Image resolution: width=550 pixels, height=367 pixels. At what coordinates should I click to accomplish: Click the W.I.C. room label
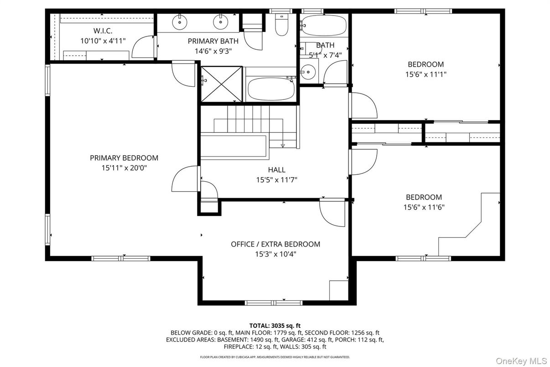(x=103, y=31)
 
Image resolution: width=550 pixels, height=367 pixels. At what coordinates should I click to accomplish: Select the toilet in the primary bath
(x=281, y=25)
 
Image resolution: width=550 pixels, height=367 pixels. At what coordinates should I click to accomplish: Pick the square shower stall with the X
(x=222, y=84)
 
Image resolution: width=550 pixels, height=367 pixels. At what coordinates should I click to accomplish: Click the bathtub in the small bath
(x=323, y=25)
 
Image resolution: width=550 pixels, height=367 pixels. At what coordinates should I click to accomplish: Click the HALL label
(x=276, y=170)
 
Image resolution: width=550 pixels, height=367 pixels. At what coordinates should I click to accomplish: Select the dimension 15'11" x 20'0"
(x=124, y=168)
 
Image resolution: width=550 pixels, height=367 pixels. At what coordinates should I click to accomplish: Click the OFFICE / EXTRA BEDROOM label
(x=275, y=244)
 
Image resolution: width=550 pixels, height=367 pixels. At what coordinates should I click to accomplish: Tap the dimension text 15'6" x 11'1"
(x=425, y=74)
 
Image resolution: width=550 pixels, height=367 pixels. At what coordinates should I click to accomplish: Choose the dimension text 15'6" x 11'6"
(x=424, y=207)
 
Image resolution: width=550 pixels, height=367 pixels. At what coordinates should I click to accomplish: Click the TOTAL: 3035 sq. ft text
(x=275, y=325)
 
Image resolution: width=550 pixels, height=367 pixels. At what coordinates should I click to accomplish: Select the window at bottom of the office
(x=274, y=302)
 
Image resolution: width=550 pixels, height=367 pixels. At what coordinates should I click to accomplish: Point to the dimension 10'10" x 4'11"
(x=103, y=41)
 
